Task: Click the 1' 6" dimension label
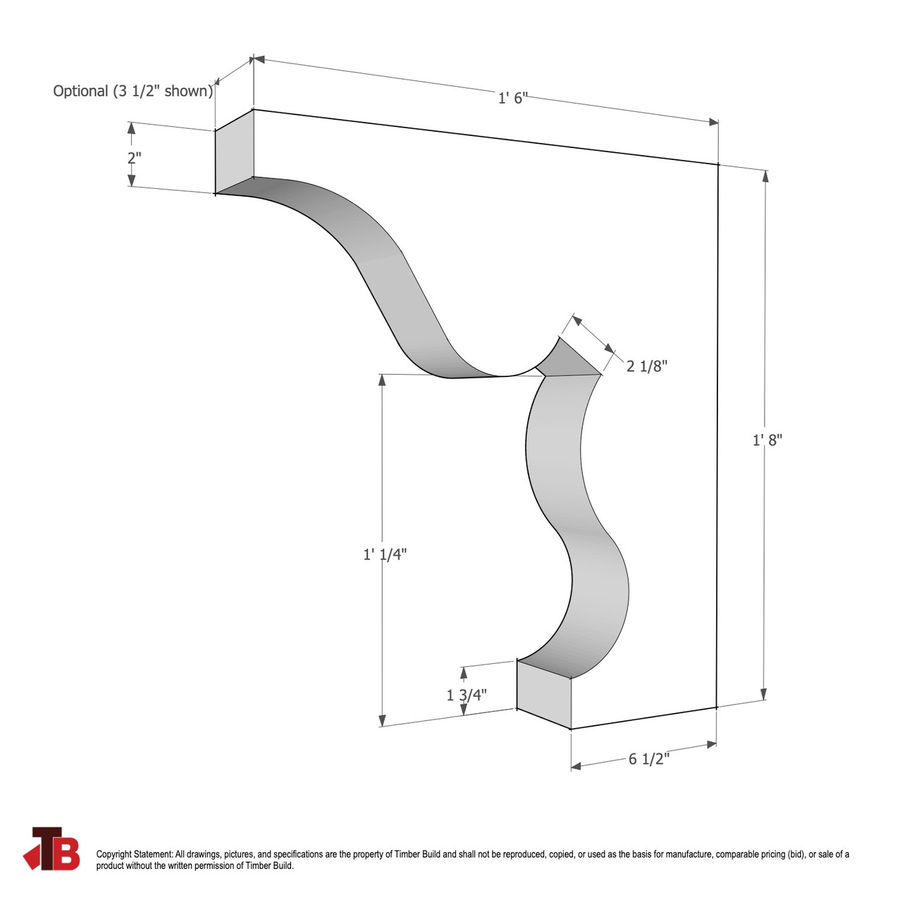pyautogui.click(x=512, y=98)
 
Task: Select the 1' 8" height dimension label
pyautogui.click(x=767, y=440)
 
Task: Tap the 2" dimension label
pyautogui.click(x=134, y=159)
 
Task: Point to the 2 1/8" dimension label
pyautogui.click(x=647, y=366)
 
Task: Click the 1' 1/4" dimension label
pyautogui.click(x=385, y=555)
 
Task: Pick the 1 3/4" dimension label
pyautogui.click(x=467, y=696)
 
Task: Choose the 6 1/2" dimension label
pyautogui.click(x=649, y=759)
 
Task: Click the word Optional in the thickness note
pyautogui.click(x=80, y=91)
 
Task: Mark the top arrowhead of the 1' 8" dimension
pyautogui.click(x=765, y=175)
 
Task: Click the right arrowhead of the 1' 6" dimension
pyautogui.click(x=713, y=122)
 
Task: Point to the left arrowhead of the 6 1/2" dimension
pyautogui.click(x=576, y=767)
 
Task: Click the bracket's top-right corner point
pyautogui.click(x=718, y=164)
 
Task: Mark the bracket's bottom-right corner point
pyautogui.click(x=717, y=707)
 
